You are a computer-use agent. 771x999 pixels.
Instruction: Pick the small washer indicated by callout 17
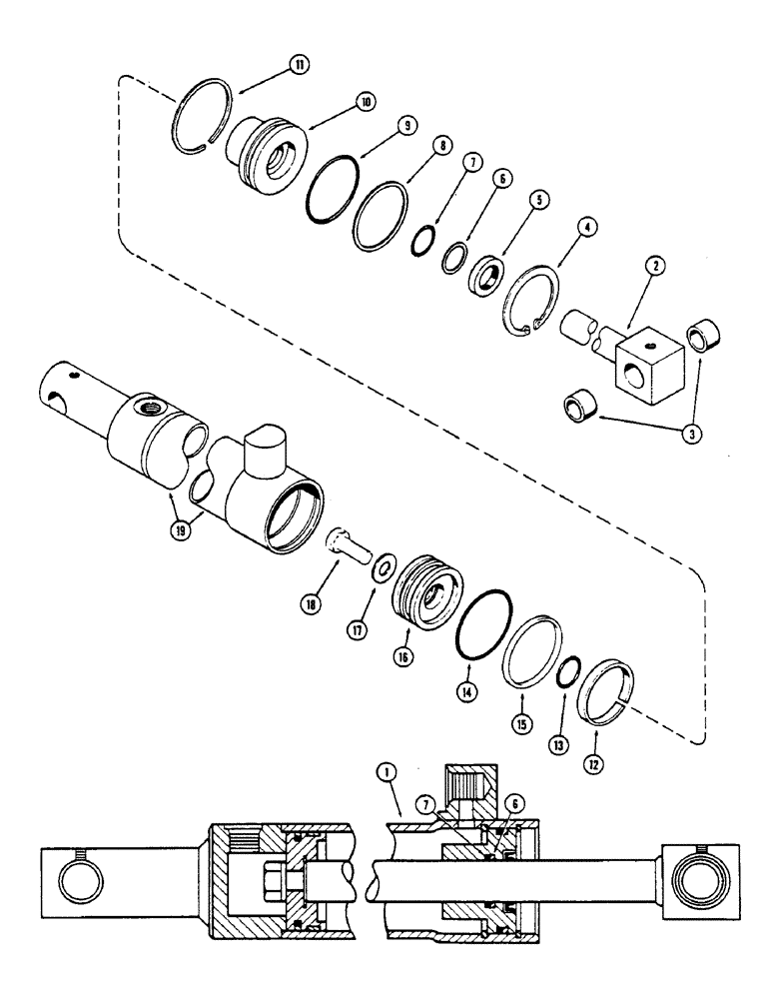pyautogui.click(x=382, y=571)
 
